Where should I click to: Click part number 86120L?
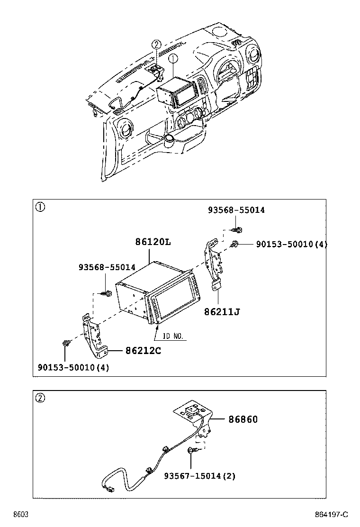point(153,242)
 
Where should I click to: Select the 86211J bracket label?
point(222,311)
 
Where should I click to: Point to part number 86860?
point(243,419)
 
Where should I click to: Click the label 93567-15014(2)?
point(200,475)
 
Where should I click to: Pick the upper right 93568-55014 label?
point(236,210)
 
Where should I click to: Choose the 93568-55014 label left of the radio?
point(107,267)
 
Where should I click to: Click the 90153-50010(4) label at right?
point(291,244)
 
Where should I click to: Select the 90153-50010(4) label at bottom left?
point(73,367)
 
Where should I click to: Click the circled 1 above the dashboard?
point(173,58)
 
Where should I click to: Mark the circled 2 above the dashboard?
point(156,45)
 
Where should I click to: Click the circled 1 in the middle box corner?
point(41,207)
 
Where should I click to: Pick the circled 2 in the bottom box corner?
point(41,398)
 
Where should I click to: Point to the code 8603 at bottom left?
point(20,515)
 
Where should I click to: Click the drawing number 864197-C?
point(330,515)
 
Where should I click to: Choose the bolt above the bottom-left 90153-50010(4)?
point(66,343)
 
